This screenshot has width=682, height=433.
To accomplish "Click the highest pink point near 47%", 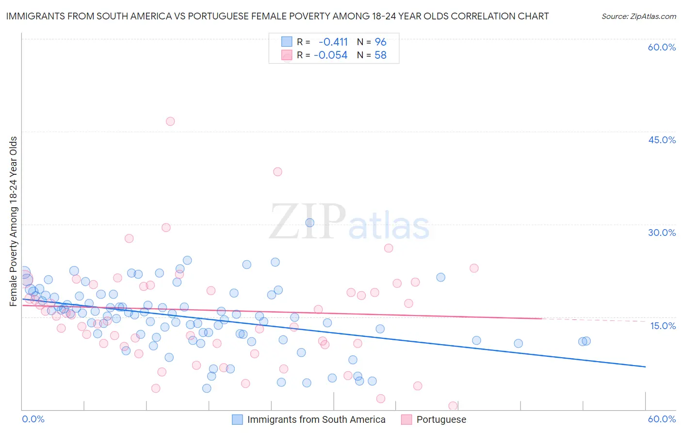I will pyautogui.click(x=170, y=121).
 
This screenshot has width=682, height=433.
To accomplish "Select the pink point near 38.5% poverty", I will pyautogui.click(x=277, y=171).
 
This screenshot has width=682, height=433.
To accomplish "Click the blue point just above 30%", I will pyautogui.click(x=309, y=223).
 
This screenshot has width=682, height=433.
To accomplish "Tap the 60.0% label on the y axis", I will pyautogui.click(x=662, y=48).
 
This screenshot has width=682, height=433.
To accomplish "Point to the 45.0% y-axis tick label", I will pyautogui.click(x=662, y=140).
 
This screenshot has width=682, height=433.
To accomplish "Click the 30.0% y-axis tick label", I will pyautogui.click(x=662, y=233).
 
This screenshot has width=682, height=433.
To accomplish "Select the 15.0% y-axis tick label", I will pyautogui.click(x=663, y=326).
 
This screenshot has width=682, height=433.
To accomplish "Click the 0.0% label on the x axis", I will pyautogui.click(x=33, y=419).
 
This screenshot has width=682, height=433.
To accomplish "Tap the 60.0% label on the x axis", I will pyautogui.click(x=662, y=419).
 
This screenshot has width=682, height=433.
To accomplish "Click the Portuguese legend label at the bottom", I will pyautogui.click(x=441, y=419).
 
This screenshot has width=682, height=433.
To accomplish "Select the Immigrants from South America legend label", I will pyautogui.click(x=316, y=419).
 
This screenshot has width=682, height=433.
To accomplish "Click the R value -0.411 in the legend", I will pyautogui.click(x=333, y=42).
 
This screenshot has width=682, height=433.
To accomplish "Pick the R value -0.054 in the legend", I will pyautogui.click(x=330, y=55).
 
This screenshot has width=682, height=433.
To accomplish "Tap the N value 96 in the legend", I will pyautogui.click(x=380, y=42).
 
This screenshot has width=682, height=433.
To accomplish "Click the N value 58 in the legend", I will pyautogui.click(x=380, y=55).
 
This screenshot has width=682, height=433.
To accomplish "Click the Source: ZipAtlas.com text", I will pyautogui.click(x=638, y=17).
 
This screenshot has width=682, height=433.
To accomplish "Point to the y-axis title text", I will pyautogui.click(x=14, y=221).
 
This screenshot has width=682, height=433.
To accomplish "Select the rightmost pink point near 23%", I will pyautogui.click(x=474, y=268).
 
